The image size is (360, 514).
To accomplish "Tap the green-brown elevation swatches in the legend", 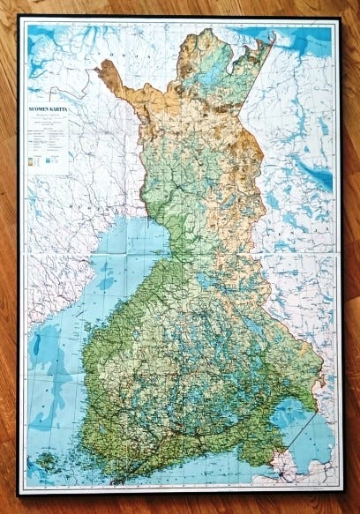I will click(36, 160).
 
